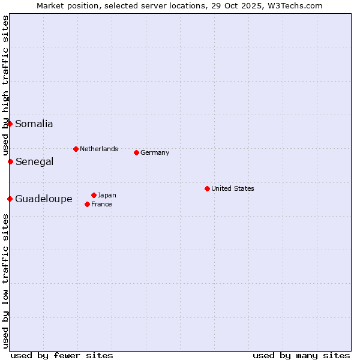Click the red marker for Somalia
click(x=10, y=124)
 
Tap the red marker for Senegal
click(x=10, y=161)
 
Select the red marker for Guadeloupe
click(x=10, y=199)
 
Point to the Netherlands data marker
click(x=76, y=149)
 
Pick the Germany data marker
click(x=136, y=152)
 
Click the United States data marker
click(x=207, y=188)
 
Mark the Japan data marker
click(x=94, y=195)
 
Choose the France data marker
click(x=87, y=204)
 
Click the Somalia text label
click(x=34, y=124)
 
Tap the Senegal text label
click(x=35, y=161)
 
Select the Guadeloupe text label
click(x=44, y=199)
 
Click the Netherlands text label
click(x=99, y=149)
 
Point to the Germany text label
click(x=155, y=152)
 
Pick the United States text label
click(x=233, y=188)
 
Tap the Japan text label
click(x=107, y=195)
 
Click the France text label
click(x=101, y=204)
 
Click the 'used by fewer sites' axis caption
click(x=62, y=355)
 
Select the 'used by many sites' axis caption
click(x=301, y=355)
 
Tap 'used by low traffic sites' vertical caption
click(x=6, y=281)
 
